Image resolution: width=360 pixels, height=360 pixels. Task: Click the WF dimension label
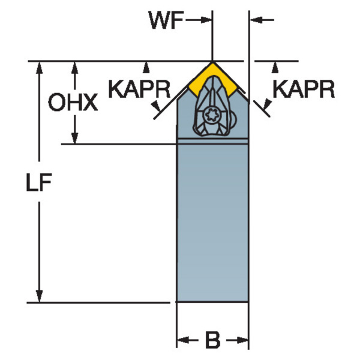166,20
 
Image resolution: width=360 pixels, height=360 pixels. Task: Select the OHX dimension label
73,102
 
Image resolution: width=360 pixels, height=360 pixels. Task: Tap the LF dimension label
39,182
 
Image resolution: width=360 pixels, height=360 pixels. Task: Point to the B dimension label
212,340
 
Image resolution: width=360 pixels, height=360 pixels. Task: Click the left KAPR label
139,89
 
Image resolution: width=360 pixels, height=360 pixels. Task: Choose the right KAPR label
304,89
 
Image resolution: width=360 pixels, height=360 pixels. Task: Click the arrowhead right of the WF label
205,20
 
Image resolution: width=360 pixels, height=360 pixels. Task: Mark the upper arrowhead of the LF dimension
39,68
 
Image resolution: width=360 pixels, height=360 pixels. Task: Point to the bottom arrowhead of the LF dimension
39,296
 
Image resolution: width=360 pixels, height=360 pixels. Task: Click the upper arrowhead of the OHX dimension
74,68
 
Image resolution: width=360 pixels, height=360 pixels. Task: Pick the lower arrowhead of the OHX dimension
74,138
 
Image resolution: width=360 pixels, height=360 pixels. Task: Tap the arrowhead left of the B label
183,340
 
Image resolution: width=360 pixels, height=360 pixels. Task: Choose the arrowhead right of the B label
242,340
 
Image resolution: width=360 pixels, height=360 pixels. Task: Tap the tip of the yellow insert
212,62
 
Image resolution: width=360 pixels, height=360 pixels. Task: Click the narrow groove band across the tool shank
212,141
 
